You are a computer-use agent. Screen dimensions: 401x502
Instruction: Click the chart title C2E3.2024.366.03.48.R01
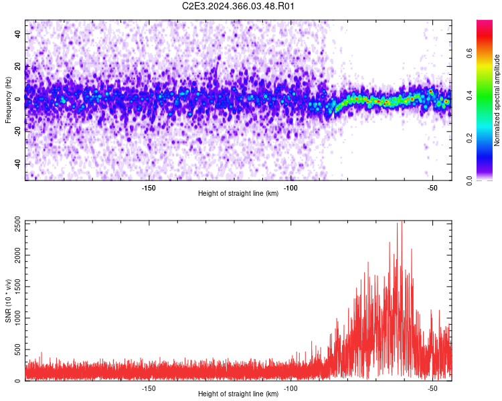[239, 7]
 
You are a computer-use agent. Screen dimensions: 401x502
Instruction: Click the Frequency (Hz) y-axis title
[8, 100]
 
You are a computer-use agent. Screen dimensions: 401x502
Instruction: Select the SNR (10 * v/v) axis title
[8, 301]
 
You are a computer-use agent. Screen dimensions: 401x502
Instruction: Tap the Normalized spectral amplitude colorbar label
[497, 100]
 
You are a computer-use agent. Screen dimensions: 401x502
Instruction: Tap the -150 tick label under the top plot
[149, 188]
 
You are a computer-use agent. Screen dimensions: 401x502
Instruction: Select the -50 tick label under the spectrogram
[432, 188]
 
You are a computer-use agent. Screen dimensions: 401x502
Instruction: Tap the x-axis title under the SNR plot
[238, 394]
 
